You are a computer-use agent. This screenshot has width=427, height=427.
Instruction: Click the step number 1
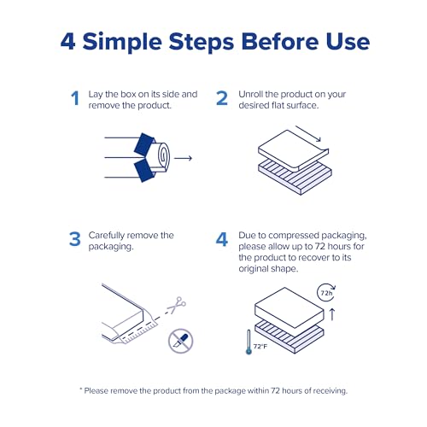point(75,99)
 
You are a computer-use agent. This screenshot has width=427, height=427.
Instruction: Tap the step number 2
point(221,99)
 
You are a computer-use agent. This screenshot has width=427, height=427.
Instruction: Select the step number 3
point(75,240)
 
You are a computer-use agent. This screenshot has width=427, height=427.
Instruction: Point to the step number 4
point(221,240)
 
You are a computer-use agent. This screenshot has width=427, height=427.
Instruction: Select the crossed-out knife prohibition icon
point(180,340)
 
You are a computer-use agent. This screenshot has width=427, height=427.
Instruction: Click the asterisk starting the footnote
point(82,389)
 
